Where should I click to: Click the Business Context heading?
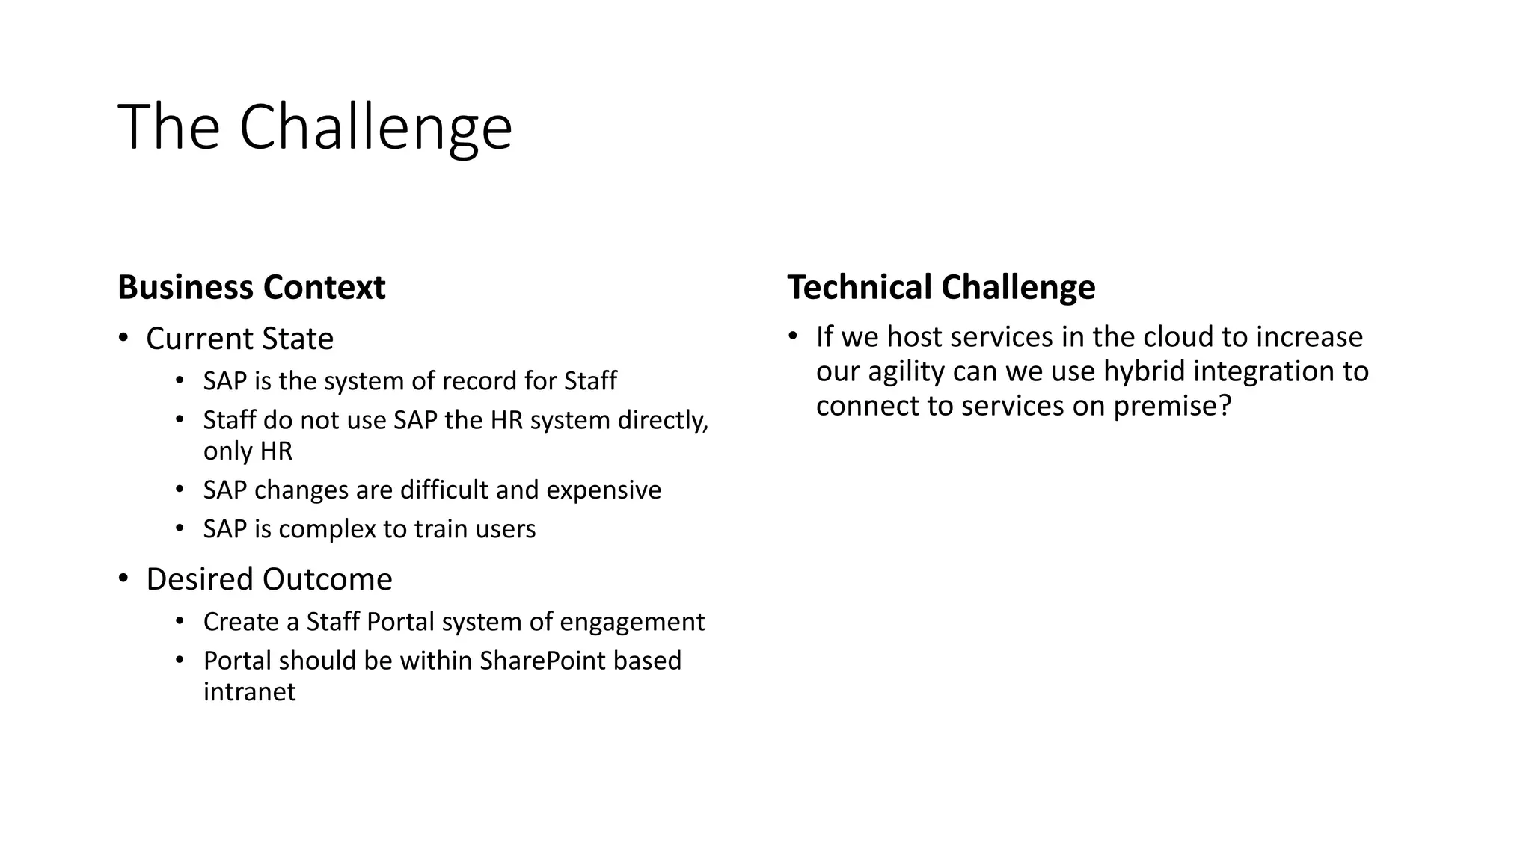[x=251, y=288]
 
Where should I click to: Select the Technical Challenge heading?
[x=941, y=288]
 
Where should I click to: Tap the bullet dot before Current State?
[x=123, y=338]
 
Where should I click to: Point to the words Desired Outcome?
[x=269, y=579]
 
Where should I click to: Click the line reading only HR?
[x=248, y=451]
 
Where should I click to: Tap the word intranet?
[x=249, y=692]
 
